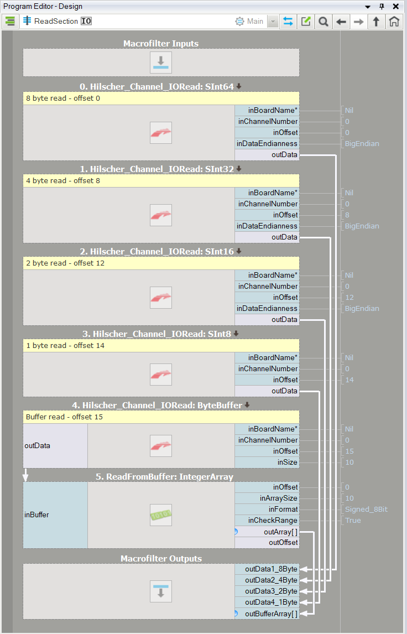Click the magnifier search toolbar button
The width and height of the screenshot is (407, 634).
(x=323, y=22)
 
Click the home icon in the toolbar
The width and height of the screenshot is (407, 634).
(x=394, y=22)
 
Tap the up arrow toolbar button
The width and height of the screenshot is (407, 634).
(x=376, y=22)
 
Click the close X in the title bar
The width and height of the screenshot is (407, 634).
(x=396, y=7)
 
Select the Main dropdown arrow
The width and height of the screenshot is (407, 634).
(x=273, y=22)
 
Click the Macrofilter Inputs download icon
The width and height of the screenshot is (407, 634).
(x=161, y=63)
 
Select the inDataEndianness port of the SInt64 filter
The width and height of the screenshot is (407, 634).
(x=267, y=143)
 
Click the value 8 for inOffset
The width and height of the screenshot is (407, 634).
(x=347, y=215)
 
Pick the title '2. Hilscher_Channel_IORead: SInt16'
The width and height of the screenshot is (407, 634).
(x=157, y=252)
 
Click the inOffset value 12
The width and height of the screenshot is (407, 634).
(x=349, y=298)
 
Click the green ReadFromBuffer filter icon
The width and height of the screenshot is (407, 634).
(x=161, y=515)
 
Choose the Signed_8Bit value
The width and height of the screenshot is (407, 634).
(x=366, y=510)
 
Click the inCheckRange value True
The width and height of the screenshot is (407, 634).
(x=353, y=521)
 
